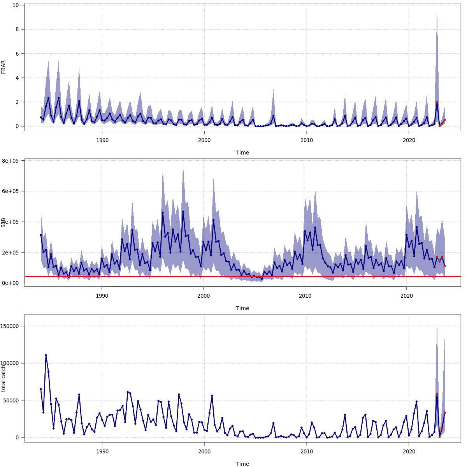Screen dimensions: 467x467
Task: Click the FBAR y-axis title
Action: point(4,67)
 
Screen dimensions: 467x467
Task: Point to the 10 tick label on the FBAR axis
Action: point(16,5)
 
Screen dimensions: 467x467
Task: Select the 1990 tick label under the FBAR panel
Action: point(102,140)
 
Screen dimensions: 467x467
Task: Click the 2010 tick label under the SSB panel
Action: point(305,296)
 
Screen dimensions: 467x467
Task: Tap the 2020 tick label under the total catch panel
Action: point(409,451)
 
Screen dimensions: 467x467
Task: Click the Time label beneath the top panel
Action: point(242,153)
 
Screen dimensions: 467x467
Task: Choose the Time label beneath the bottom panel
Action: point(242,464)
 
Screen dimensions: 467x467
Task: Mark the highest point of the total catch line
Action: point(46,355)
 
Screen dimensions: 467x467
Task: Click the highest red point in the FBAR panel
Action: point(437,102)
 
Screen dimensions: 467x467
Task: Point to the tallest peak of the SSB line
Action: point(183,212)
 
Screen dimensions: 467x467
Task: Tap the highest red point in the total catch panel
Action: point(437,393)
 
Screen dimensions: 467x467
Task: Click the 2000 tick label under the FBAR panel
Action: point(204,140)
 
